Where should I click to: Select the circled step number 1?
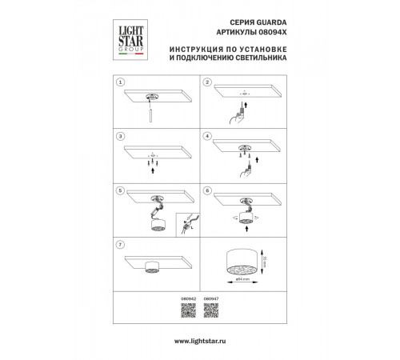(120, 82)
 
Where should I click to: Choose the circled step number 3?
(120, 137)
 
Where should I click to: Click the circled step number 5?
(120, 191)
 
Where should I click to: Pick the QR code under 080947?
(211, 313)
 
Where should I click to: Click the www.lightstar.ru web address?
(200, 341)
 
